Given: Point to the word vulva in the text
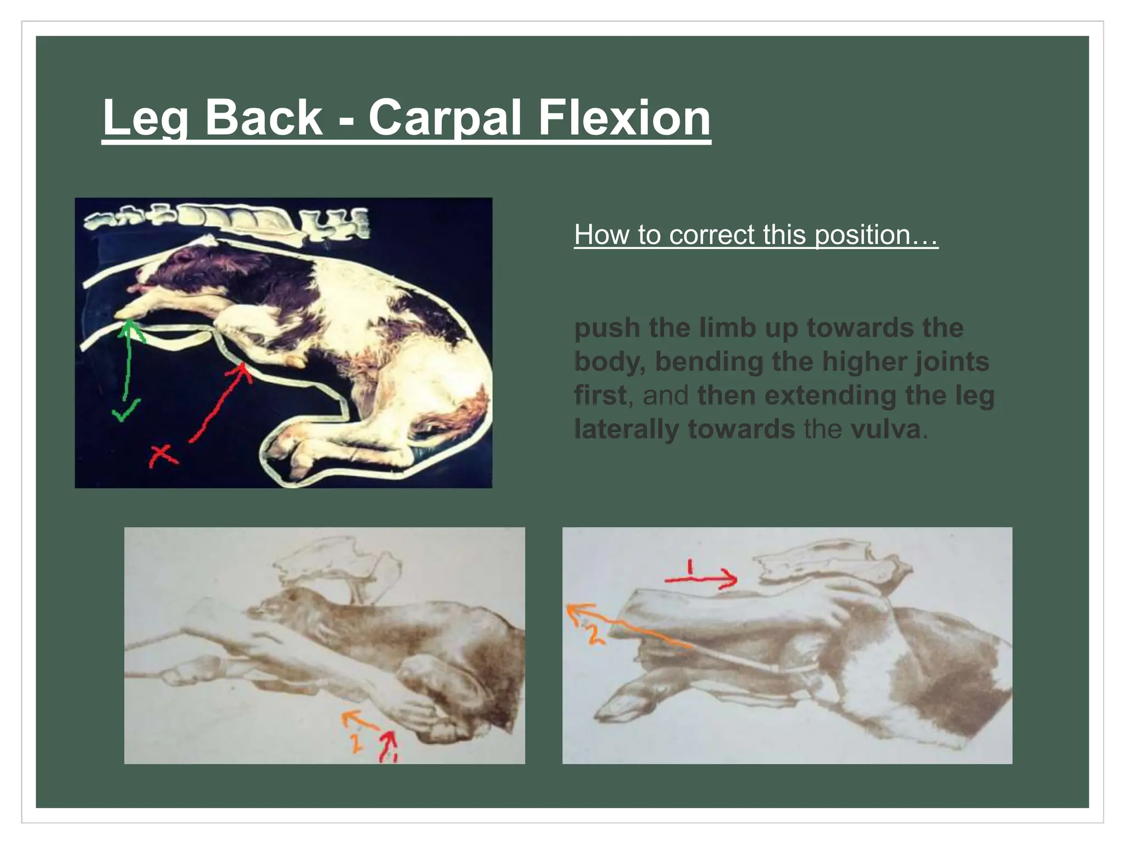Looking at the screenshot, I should (x=885, y=429).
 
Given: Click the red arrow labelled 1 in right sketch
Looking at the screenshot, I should (x=700, y=578).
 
